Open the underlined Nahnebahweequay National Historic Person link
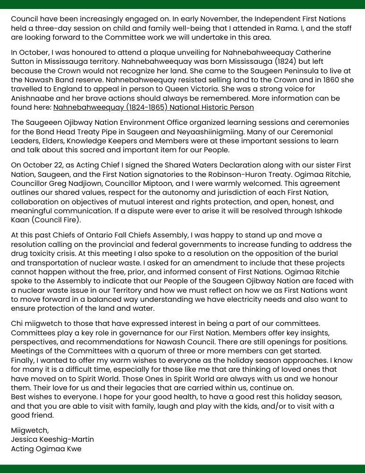pos(153,107)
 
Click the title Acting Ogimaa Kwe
pos(46,449)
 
